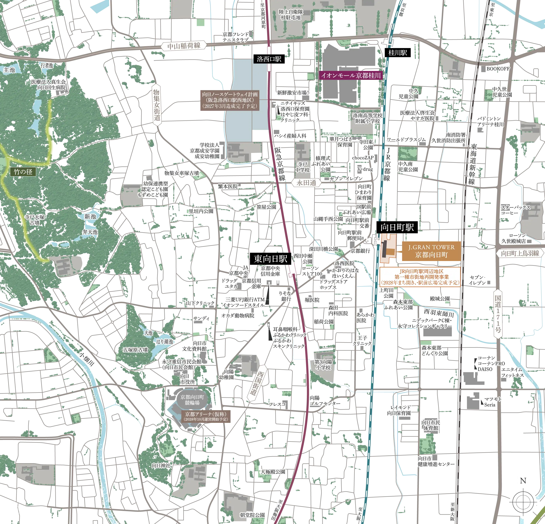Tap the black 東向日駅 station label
(270, 259)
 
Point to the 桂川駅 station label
(397, 53)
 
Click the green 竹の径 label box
(23, 172)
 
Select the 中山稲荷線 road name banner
(184, 46)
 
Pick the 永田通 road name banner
(306, 183)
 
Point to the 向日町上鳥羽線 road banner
(520, 253)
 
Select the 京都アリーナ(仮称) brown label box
(206, 416)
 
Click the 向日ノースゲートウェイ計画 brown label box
(230, 100)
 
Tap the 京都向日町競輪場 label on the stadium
(192, 400)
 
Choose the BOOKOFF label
(498, 68)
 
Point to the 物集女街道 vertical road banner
(157, 105)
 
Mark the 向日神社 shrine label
(161, 465)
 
